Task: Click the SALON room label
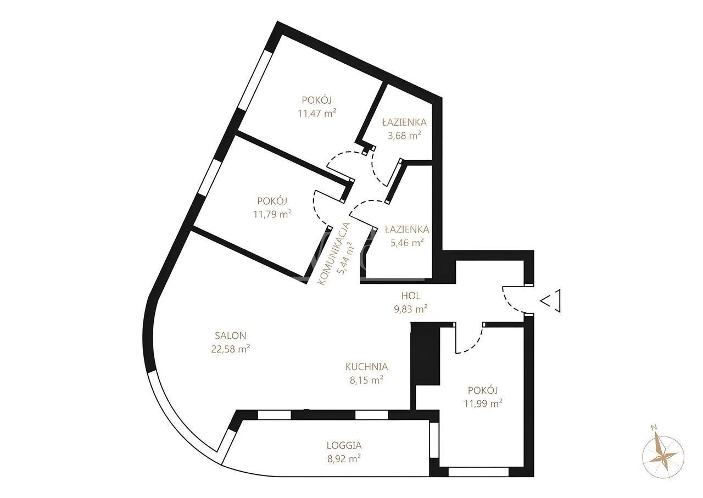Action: coord(230,335)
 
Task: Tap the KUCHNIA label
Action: coord(366,367)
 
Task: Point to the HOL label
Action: coord(411,295)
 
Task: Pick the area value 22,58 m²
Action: coord(231,349)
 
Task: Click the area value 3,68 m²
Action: coord(404,136)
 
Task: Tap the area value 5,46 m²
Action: coord(408,243)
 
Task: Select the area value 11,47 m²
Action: coord(317,113)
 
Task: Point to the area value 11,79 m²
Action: coord(272,214)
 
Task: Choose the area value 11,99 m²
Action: coord(483,403)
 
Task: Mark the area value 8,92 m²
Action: coord(344,458)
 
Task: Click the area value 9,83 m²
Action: coord(411,309)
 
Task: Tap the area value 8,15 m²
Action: coord(366,381)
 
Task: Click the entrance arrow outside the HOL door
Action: coord(550,301)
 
